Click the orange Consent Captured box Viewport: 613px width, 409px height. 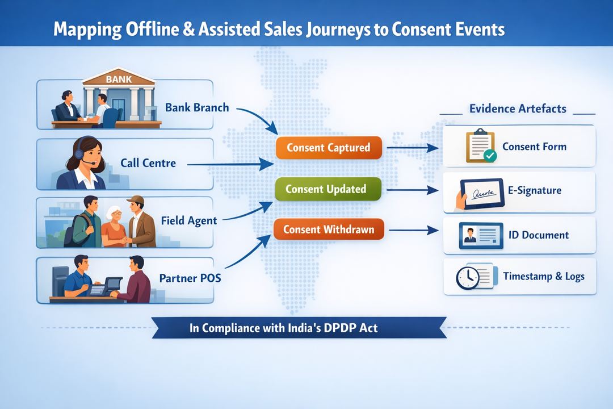click(328, 148)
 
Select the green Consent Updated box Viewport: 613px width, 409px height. click(326, 189)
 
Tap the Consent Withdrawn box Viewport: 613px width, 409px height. click(328, 229)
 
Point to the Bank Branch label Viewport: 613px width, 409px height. click(196, 107)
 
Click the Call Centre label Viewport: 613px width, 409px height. click(148, 164)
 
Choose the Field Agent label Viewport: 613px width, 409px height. click(188, 220)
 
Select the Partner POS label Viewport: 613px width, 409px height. click(190, 278)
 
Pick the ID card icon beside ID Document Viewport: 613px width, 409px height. click(480, 235)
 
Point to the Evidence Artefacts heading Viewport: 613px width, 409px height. click(518, 108)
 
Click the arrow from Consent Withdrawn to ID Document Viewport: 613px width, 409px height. click(414, 230)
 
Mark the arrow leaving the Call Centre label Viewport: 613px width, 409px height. click(230, 164)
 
